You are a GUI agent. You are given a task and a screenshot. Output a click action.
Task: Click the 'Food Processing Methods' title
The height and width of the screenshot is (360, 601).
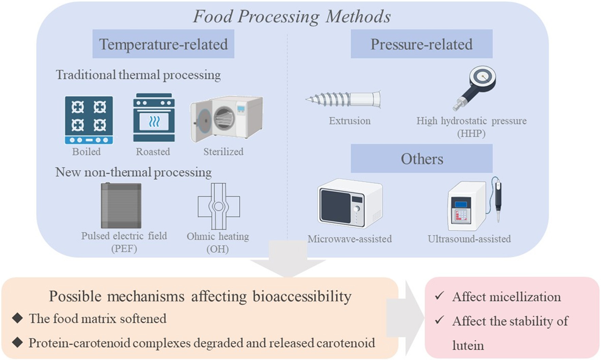coord(292,16)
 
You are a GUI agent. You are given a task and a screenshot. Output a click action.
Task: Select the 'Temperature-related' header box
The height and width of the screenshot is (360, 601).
coord(163,44)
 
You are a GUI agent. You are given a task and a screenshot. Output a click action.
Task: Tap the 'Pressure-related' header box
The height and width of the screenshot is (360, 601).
coord(421,44)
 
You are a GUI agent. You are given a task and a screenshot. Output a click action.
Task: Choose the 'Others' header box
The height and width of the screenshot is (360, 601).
coord(421,158)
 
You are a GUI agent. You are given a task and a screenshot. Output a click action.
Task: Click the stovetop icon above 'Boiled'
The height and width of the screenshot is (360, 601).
coord(89,120)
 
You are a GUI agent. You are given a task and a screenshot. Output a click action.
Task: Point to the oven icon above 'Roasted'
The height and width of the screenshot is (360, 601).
coord(154,117)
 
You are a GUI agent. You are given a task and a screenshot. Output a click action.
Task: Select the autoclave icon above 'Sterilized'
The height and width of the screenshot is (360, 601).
coord(227,119)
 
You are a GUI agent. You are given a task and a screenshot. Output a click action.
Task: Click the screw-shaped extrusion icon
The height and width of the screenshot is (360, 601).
coord(343,99)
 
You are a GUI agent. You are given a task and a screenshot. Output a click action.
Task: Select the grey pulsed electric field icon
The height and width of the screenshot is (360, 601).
coord(121,206)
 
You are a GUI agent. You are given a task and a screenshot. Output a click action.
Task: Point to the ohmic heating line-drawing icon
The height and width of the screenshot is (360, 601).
coord(219,206)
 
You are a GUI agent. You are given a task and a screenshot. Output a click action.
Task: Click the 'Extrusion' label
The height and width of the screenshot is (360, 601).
coord(350,121)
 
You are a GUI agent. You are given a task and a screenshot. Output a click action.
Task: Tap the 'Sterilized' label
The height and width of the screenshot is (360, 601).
coord(224,152)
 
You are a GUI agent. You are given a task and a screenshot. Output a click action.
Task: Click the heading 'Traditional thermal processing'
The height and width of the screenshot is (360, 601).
coord(138,75)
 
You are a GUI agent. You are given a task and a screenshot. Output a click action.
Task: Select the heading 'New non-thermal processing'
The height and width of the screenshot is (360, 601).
coord(133,172)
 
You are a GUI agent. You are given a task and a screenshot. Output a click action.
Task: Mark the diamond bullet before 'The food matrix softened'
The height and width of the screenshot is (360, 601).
coord(17,318)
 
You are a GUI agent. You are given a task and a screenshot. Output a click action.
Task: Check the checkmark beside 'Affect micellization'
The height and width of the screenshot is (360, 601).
coord(439,296)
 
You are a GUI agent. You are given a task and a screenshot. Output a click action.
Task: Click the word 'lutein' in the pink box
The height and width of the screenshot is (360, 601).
coord(468,345)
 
